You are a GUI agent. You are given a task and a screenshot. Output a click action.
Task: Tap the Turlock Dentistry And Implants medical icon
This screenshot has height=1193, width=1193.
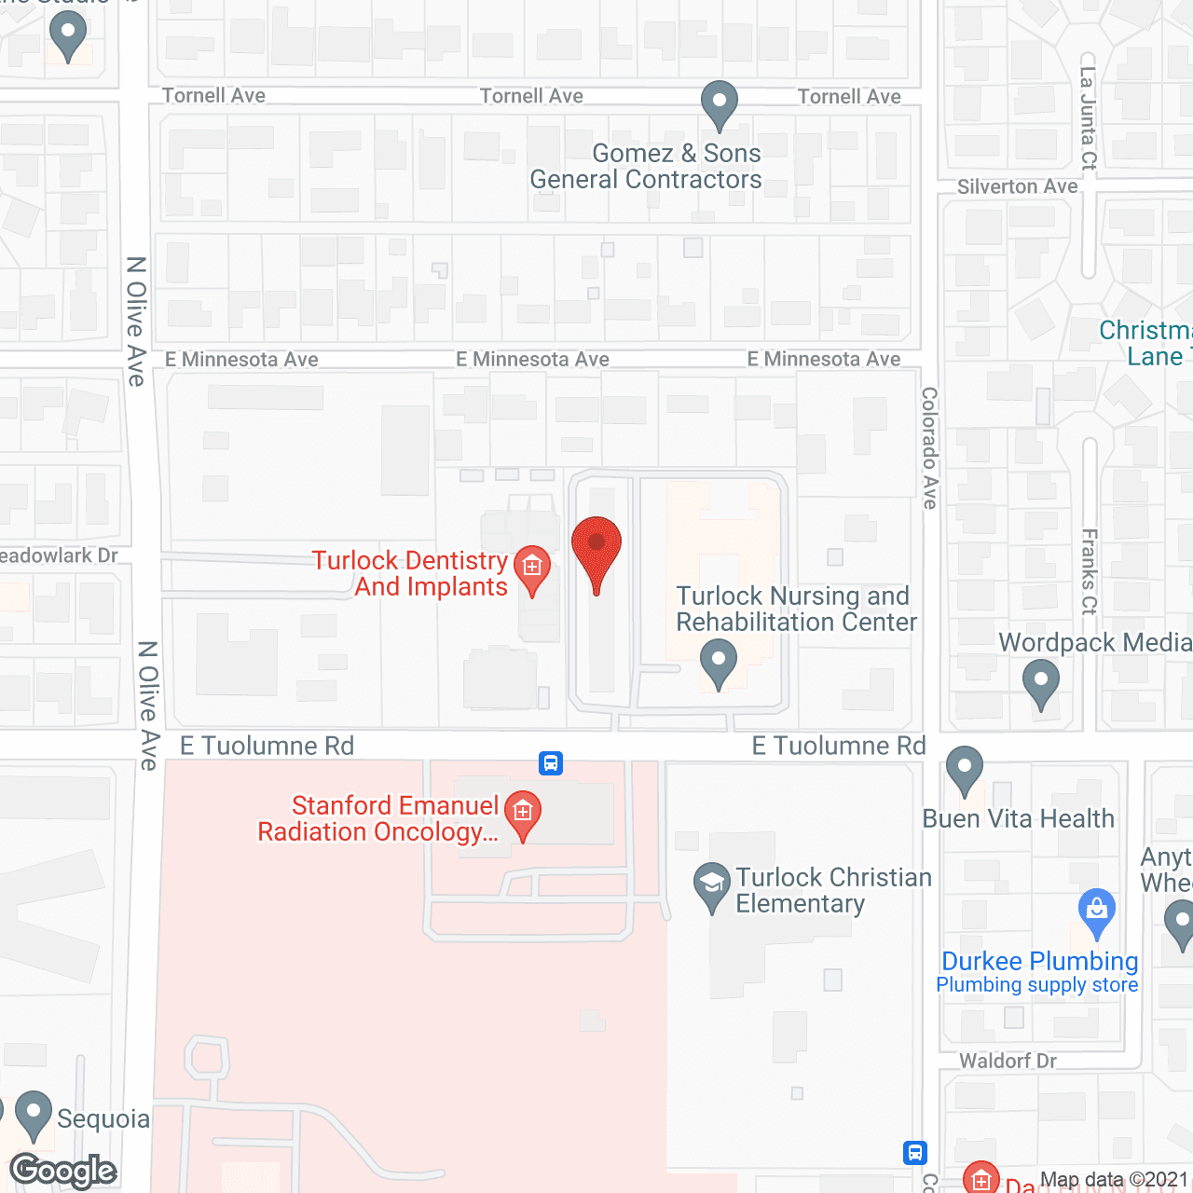(532, 566)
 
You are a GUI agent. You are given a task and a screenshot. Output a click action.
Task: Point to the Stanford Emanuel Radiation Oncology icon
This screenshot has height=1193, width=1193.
(523, 812)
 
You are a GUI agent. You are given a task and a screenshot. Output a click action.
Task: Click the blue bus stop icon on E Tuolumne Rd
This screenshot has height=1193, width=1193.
(551, 763)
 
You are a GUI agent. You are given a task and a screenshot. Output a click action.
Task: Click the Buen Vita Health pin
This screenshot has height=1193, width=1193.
(965, 769)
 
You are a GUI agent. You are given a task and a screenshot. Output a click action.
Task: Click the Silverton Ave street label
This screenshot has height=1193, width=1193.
(1017, 186)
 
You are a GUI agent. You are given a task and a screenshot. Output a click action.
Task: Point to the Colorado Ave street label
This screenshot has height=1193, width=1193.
(929, 447)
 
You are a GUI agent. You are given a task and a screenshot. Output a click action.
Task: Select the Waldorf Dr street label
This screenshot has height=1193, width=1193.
(1008, 1061)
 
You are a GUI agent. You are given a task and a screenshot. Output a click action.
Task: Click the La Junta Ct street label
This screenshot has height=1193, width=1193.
(1088, 117)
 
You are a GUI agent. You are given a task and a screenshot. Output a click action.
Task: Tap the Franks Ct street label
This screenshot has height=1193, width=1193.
(1089, 571)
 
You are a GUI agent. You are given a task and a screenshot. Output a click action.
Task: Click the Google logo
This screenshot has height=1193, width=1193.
(63, 1171)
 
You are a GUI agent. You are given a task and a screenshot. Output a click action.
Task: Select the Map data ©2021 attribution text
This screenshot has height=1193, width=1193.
(1114, 1180)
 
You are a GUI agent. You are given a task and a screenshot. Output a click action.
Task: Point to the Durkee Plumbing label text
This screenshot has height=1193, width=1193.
(1039, 961)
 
